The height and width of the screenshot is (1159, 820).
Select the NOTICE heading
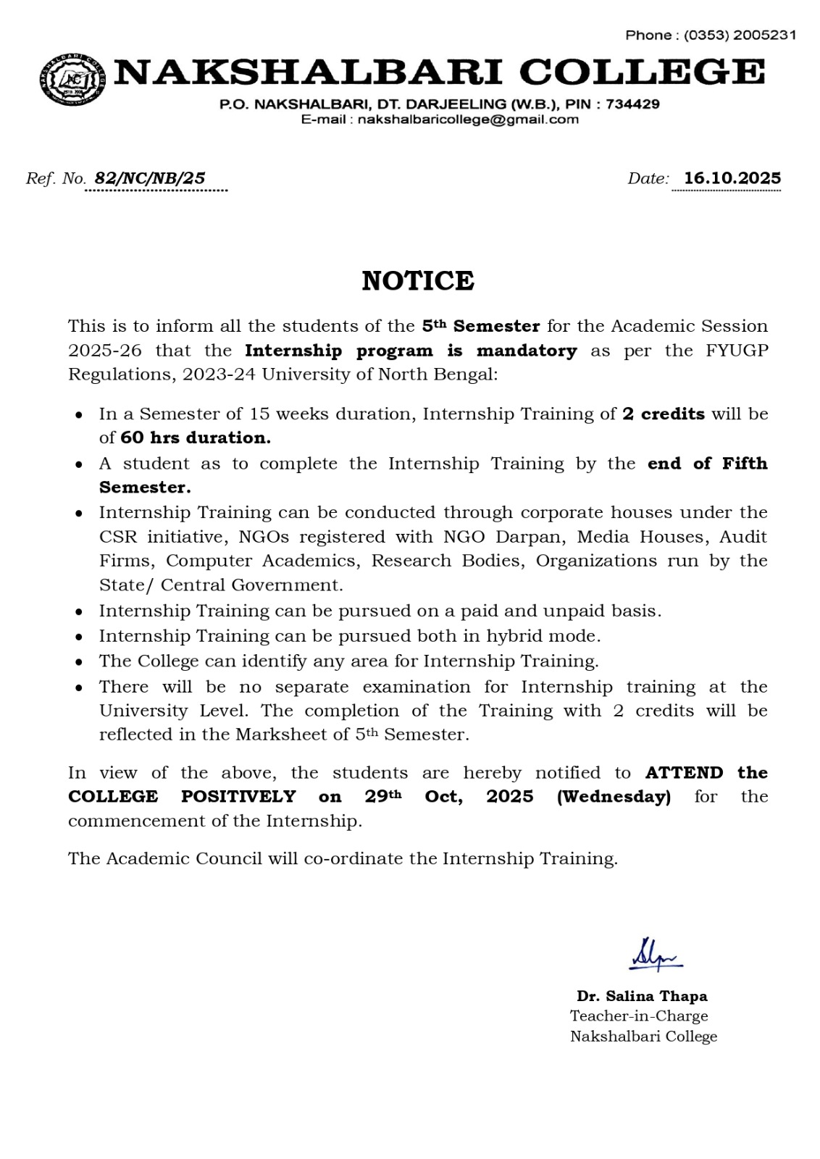(418, 281)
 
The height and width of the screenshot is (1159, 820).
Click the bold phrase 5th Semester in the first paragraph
(481, 326)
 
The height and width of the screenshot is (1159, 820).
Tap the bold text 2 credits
(664, 414)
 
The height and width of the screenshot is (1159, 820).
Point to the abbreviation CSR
(116, 537)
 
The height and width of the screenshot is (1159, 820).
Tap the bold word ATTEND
(684, 773)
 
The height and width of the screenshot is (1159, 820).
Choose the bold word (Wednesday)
(614, 797)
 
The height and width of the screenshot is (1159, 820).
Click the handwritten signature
(654, 955)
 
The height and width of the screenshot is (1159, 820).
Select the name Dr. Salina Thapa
(642, 996)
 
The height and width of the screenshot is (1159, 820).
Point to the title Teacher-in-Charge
(639, 1016)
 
